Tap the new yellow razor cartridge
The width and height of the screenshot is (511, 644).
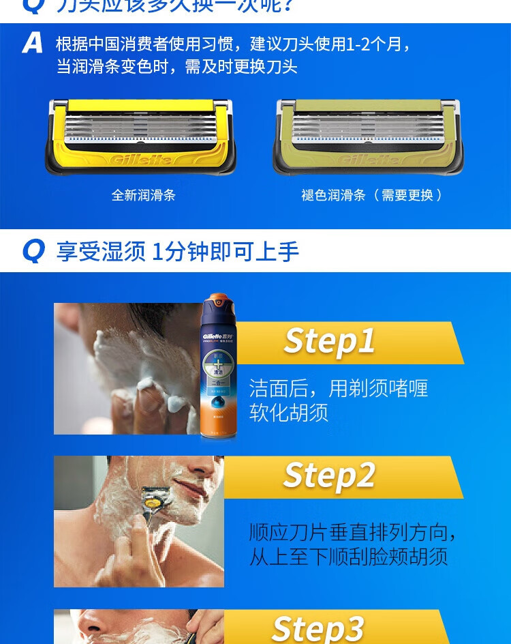[140, 135]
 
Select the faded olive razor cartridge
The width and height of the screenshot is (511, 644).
[368, 135]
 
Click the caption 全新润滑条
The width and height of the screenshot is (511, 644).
[143, 195]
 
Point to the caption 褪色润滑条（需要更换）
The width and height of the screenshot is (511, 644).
[372, 195]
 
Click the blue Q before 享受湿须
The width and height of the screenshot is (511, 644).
[33, 251]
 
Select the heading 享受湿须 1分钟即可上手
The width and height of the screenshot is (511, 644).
[178, 252]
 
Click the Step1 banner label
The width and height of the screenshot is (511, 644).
[330, 341]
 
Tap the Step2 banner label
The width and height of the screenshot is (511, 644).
[330, 475]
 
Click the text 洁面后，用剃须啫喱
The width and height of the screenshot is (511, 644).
[339, 389]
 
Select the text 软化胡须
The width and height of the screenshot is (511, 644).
[289, 413]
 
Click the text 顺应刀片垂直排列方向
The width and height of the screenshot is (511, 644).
[353, 533]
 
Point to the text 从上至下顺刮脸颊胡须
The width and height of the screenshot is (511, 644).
[348, 557]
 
